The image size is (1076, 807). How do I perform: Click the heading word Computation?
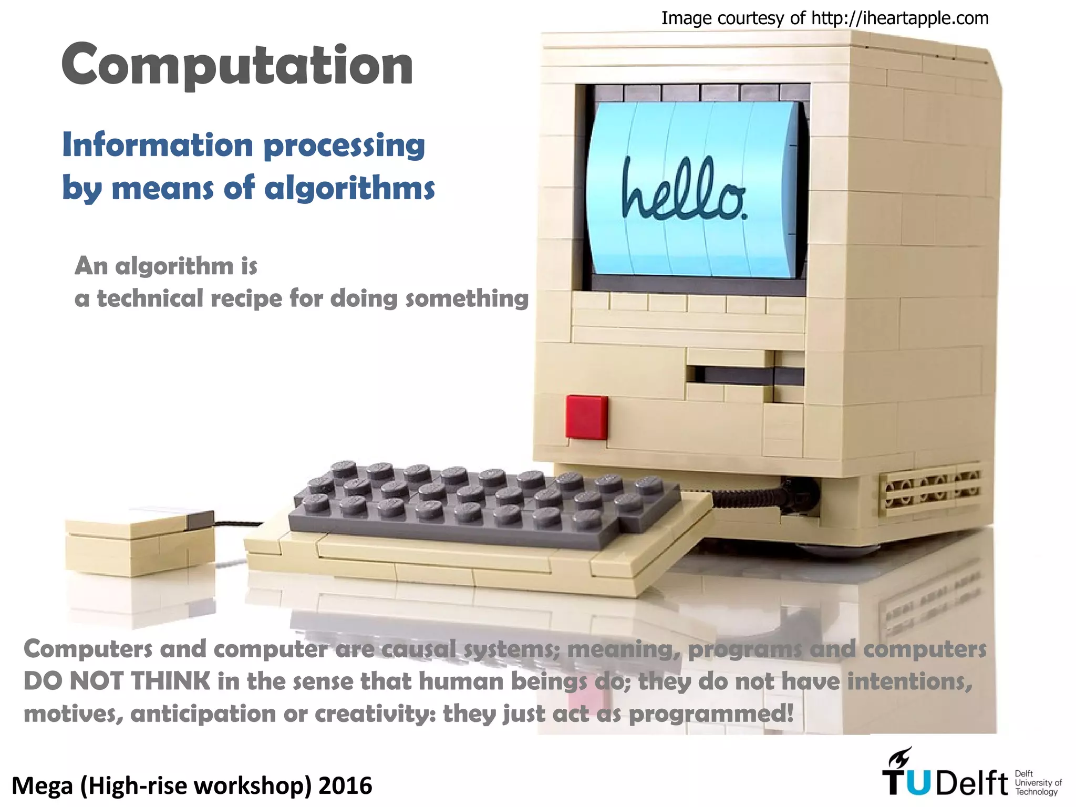coord(237,66)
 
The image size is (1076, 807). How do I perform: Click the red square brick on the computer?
coord(586,417)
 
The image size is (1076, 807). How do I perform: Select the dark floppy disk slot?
coord(746,376)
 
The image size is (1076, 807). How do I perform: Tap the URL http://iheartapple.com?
coord(899,18)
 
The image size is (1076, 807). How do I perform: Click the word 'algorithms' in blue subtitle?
coord(349,188)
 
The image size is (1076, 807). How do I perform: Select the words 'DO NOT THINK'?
coord(117,681)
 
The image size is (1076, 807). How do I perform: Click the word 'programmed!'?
coord(711,714)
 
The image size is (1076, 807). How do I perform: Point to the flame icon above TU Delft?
coord(899,758)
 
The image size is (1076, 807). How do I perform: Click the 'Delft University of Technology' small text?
coord(1038,783)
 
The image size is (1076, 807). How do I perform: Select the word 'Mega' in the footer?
coord(42,786)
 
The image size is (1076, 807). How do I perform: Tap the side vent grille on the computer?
coord(930,488)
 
